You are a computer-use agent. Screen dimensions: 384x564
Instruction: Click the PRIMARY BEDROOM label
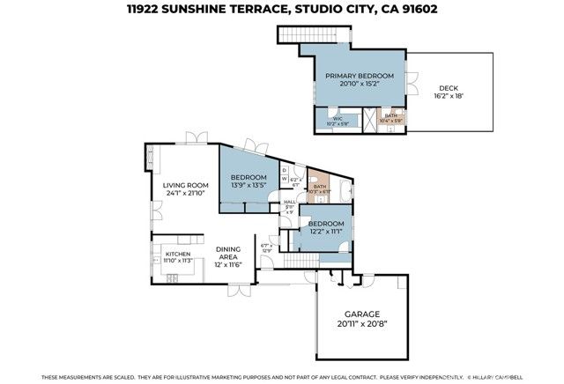pos(359,77)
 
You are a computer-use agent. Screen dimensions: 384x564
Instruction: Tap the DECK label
pos(449,88)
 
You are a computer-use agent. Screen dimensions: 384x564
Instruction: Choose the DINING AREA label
pos(234,254)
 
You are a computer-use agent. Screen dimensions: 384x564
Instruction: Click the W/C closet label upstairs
pos(337,118)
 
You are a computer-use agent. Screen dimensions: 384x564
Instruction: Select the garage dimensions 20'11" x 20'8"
pos(360,325)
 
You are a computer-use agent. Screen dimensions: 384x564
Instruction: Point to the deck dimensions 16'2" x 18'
pos(449,97)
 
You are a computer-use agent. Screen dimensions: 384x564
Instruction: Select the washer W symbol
pos(285,179)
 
